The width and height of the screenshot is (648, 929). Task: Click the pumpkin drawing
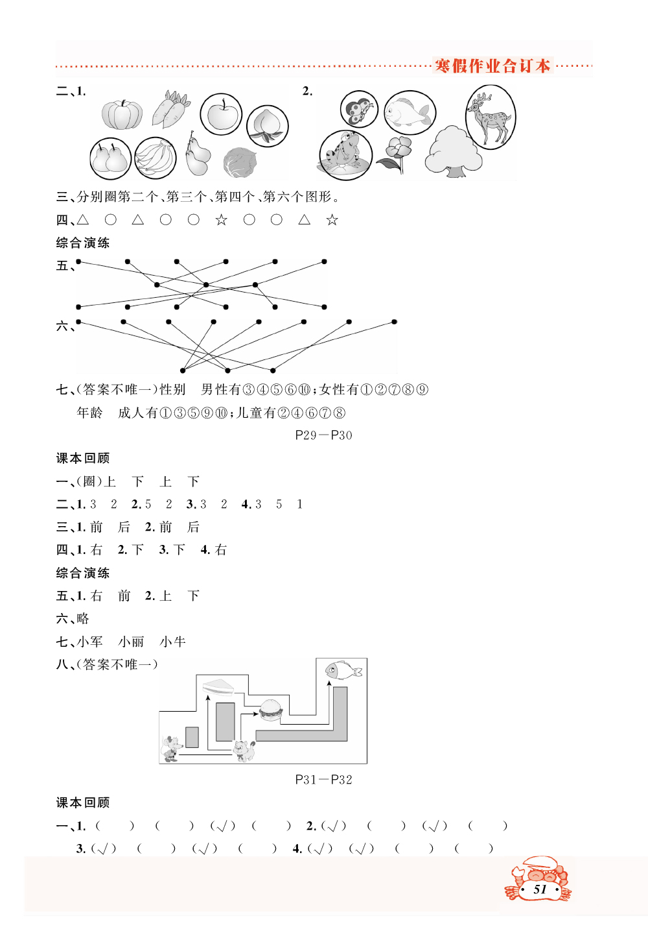122,115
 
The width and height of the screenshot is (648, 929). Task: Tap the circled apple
221,114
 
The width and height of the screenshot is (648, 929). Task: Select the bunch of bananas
156,158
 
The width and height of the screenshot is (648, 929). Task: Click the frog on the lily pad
345,154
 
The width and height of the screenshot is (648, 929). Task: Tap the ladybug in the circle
358,109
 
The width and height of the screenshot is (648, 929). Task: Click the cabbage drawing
240,162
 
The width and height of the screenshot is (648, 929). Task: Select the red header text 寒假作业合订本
492,66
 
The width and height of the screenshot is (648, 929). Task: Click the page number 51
540,889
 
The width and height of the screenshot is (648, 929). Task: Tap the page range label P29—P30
323,435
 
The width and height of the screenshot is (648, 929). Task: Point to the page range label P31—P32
323,780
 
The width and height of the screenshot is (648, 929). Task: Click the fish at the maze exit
343,670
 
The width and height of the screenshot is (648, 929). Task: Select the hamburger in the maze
271,709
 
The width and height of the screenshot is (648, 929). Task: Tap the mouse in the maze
171,749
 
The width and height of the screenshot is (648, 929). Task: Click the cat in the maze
244,751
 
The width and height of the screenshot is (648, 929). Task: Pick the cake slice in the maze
218,686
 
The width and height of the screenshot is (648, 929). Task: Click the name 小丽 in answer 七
132,642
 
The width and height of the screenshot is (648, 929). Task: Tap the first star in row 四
221,220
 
